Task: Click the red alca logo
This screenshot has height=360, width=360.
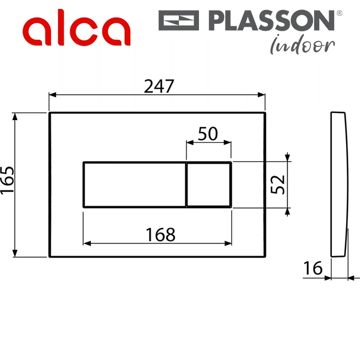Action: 76,27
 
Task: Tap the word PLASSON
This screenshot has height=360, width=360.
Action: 271,20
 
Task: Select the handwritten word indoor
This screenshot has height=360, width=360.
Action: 302,45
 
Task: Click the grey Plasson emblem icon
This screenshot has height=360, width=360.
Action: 179,20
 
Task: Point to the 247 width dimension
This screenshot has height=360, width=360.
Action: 159,86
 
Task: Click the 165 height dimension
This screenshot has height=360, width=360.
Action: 8,180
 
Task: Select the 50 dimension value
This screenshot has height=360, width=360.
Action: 208,134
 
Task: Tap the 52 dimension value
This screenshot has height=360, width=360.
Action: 278,185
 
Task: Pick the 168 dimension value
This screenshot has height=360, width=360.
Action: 161,235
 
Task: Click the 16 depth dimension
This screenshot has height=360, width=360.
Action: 313,268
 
